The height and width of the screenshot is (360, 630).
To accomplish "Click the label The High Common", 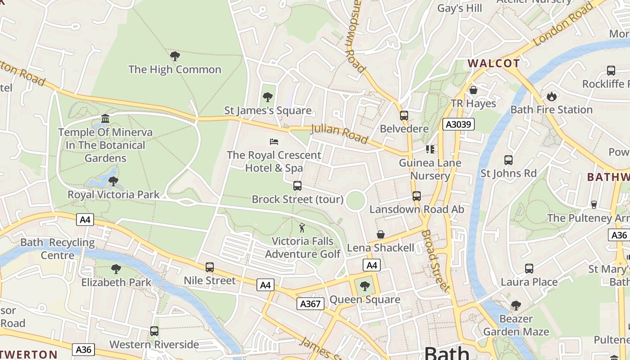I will [175, 69].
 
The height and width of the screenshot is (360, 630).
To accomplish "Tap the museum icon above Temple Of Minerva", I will [105, 118].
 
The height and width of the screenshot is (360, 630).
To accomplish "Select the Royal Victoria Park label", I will [113, 194].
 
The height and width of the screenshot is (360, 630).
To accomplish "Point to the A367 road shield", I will [310, 304].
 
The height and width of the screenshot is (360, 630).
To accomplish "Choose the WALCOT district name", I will [494, 63].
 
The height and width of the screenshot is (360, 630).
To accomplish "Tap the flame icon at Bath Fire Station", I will [551, 96].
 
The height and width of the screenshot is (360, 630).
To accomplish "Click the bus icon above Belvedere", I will [404, 116].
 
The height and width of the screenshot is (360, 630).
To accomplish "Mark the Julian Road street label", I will [340, 134].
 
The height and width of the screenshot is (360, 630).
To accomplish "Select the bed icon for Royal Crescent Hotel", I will [274, 142].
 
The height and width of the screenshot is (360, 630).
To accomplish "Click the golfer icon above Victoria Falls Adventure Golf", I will [302, 228].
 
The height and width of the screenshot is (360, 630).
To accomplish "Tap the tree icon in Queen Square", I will [364, 286].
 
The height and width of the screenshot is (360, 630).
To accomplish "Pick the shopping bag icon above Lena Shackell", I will [381, 234].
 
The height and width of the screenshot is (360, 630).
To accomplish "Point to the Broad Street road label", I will [436, 261].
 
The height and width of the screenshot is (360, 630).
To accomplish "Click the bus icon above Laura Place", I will [529, 269].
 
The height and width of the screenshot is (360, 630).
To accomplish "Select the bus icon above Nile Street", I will [209, 267].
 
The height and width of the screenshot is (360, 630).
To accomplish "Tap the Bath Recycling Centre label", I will [58, 249].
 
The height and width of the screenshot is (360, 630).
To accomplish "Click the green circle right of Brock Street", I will [355, 200].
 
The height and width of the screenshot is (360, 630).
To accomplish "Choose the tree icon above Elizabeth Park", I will [116, 269].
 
